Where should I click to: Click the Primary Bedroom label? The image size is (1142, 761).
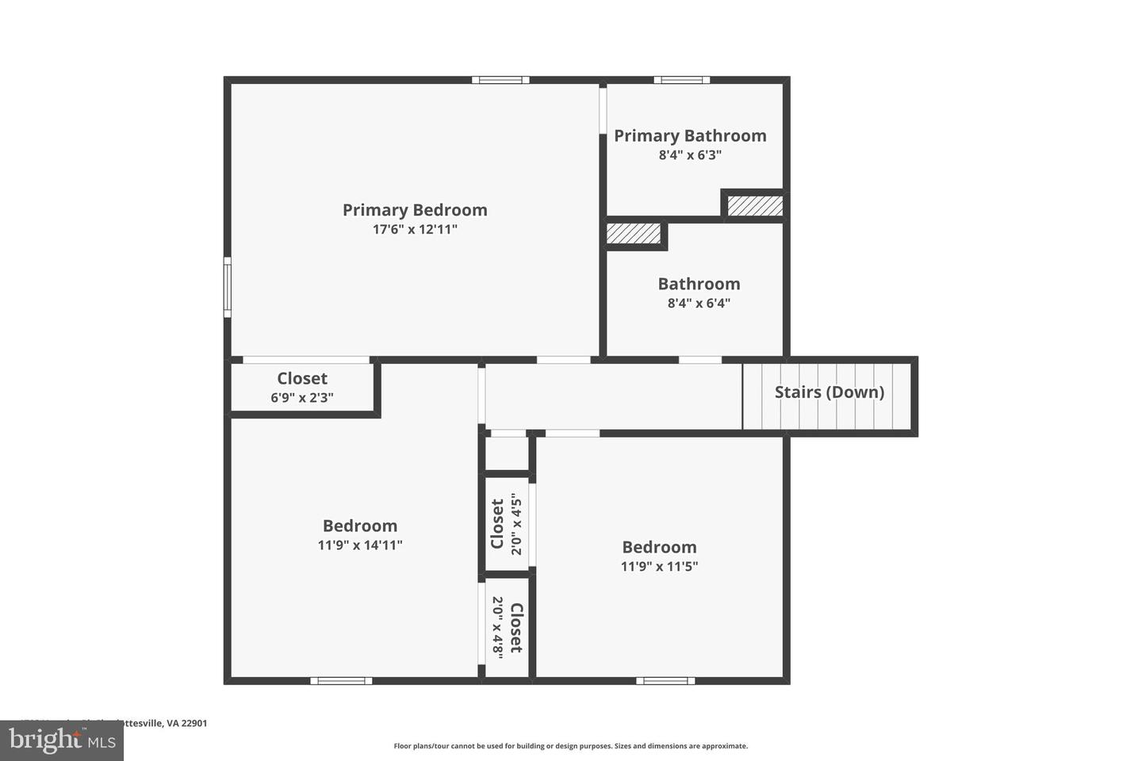coord(415,210)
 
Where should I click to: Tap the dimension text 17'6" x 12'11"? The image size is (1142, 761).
coord(415,230)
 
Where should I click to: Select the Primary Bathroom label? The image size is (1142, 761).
coord(690,136)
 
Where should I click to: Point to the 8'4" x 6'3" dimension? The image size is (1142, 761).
coord(690,155)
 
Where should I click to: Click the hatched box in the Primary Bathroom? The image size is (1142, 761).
coord(755,205)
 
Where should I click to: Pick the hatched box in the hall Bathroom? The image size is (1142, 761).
coord(634,234)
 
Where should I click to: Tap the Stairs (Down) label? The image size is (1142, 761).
coord(829,392)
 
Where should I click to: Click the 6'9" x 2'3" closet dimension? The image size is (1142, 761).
coord(302,398)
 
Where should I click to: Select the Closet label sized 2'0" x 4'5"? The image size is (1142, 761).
coord(497,524)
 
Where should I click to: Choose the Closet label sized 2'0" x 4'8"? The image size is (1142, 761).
coord(516,628)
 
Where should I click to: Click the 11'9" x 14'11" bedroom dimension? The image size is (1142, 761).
coord(360,545)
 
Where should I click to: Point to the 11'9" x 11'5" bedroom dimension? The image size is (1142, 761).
coord(659,567)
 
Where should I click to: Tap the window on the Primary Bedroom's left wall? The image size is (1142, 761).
coord(228,287)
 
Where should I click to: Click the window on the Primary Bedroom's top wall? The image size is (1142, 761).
coord(500,80)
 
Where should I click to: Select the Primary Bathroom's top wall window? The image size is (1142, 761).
coord(682,80)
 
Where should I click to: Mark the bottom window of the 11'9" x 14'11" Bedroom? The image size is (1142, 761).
coord(341,680)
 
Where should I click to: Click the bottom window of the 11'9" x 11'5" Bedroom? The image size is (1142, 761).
coord(665,680)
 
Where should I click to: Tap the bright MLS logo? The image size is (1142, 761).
coord(61,740)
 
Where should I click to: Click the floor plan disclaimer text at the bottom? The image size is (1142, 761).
coord(571,746)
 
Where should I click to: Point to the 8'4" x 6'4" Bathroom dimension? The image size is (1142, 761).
coord(699,304)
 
